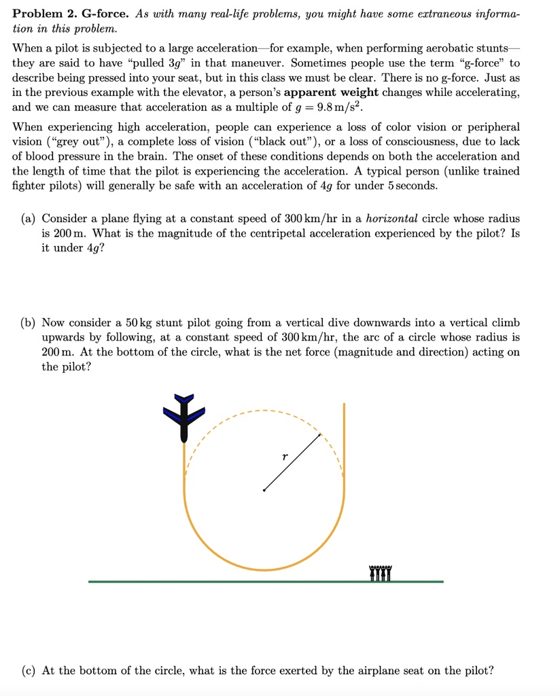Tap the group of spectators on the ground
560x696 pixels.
tap(381, 573)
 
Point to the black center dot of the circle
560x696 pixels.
tap(264, 490)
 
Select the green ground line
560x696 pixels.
tap(265, 582)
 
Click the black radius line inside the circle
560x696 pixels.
tap(292, 462)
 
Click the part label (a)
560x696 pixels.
tap(29, 218)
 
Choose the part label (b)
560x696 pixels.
tap(29, 322)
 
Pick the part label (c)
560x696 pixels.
tap(29, 670)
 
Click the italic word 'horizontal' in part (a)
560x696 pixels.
tap(391, 218)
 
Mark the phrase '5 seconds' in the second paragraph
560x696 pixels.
tap(412, 186)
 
